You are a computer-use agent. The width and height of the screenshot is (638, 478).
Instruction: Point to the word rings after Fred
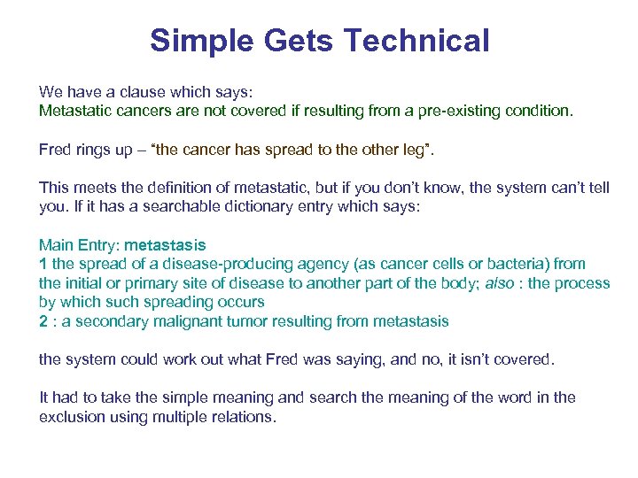pos(94,150)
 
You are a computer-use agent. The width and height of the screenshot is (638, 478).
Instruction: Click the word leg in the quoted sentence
pos(411,150)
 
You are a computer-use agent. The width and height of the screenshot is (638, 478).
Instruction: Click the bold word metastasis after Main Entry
pos(166,245)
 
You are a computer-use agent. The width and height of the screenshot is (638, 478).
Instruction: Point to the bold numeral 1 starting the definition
pos(43,264)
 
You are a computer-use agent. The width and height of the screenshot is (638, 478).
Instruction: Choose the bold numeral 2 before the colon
pos(43,321)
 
